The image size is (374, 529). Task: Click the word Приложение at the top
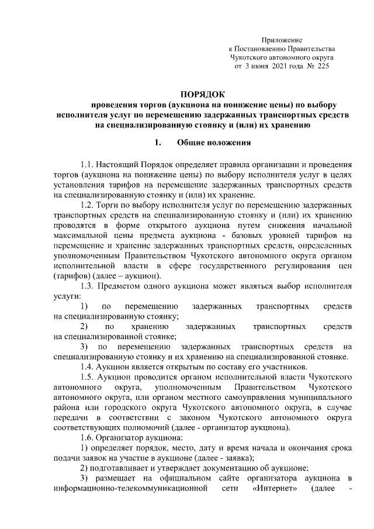[282, 39]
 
